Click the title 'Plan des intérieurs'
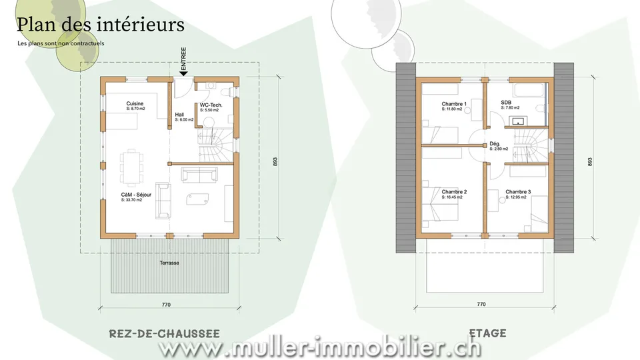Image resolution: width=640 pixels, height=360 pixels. tap(101, 25)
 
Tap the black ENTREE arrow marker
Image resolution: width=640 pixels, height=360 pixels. tap(184, 73)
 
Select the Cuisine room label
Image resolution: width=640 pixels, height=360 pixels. tap(135, 104)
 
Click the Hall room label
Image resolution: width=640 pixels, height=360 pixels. tap(179, 115)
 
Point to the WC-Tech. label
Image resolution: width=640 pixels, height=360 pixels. tap(211, 105)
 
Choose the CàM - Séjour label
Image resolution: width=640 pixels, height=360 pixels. tap(136, 195)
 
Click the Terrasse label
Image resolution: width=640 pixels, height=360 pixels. tap(169, 263)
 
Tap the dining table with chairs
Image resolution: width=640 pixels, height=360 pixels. tap(132, 167)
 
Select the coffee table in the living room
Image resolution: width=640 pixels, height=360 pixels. tap(197, 199)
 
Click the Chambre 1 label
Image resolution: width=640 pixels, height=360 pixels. tap(454, 104)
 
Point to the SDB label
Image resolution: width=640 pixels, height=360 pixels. tap(506, 103)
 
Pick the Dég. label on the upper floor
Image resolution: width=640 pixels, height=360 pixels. tap(495, 144)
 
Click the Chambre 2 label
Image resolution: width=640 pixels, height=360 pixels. tap(454, 192)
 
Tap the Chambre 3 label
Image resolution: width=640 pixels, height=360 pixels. tap(518, 192)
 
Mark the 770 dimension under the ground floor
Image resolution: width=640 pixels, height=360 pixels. tap(166, 305)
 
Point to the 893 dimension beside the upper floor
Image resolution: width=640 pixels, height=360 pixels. tap(590, 161)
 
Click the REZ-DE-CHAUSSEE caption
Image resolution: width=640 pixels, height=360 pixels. tap(165, 333)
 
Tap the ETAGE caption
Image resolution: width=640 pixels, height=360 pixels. tap(488, 333)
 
